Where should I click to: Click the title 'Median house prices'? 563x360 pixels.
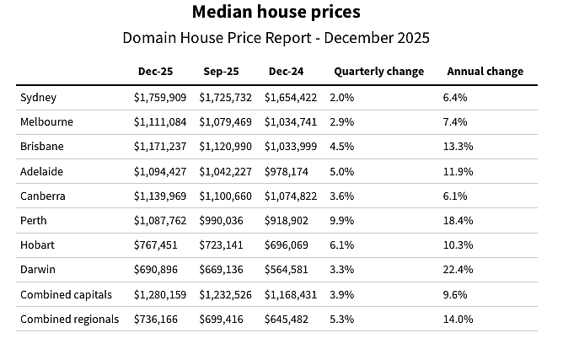point(276,12)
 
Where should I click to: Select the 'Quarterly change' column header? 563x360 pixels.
point(378,72)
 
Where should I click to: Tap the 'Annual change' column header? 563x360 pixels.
point(485,72)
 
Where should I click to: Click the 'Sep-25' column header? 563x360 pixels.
point(221,72)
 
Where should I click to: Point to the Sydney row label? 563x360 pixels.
point(38,98)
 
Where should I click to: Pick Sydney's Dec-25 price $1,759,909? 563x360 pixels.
point(160,98)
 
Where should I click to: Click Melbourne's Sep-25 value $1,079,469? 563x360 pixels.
point(226,122)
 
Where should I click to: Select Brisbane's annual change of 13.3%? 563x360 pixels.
point(458,147)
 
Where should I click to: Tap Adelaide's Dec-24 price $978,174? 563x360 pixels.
point(287,172)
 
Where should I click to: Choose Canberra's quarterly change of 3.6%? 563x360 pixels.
point(342,196)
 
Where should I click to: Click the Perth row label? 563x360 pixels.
point(34,221)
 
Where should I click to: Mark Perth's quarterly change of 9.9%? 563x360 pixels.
point(342,221)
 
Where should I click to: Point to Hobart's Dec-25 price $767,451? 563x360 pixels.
point(156,245)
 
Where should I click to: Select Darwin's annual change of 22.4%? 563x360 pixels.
point(458,270)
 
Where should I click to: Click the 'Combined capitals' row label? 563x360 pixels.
point(66,295)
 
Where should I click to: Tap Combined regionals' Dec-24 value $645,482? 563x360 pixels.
point(287,320)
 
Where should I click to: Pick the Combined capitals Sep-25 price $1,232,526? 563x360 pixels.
point(226,295)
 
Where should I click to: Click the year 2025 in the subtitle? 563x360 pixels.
point(412,38)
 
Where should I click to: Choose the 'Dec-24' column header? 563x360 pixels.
point(287,72)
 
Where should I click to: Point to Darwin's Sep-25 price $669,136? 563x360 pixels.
point(221,270)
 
